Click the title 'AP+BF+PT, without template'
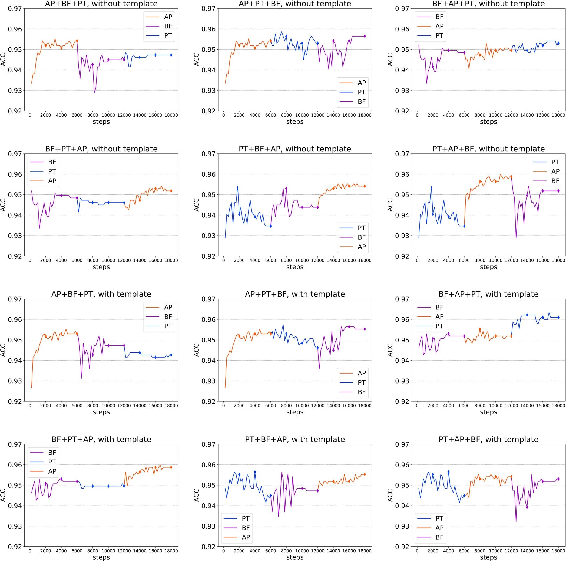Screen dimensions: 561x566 click(x=101, y=4)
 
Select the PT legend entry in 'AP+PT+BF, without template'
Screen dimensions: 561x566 click(x=361, y=92)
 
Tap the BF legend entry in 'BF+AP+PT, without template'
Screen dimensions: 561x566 click(x=439, y=17)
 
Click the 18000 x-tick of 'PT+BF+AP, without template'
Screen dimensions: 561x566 click(x=365, y=260)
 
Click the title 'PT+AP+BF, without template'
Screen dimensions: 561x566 click(x=488, y=149)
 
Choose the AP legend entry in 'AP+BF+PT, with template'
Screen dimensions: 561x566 click(x=168, y=307)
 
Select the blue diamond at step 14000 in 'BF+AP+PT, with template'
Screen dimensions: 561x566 click(x=527, y=315)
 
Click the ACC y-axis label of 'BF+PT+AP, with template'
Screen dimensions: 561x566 click(x=3, y=495)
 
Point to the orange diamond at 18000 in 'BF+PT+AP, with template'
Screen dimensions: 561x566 click(x=171, y=467)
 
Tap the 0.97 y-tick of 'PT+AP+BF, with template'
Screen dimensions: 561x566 click(x=402, y=444)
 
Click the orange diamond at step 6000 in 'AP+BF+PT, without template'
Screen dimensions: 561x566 click(x=77, y=41)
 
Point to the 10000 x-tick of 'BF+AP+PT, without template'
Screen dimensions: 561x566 click(x=495, y=115)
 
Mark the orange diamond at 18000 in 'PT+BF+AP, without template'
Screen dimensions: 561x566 click(x=365, y=186)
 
